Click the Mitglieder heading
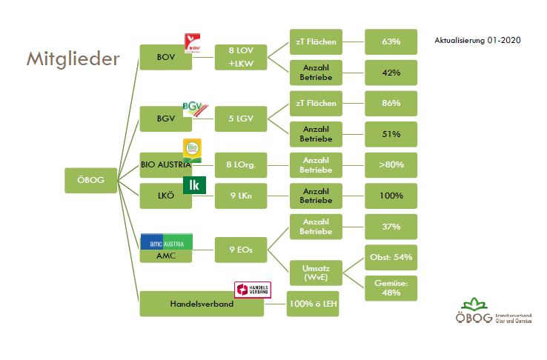point(73,59)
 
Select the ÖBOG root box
point(91,180)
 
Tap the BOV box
point(165,56)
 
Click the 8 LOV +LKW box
point(242,56)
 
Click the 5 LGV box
point(242,119)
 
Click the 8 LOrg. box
point(242,164)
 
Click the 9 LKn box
point(242,196)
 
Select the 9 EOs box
point(242,250)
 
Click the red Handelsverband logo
point(253,290)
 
